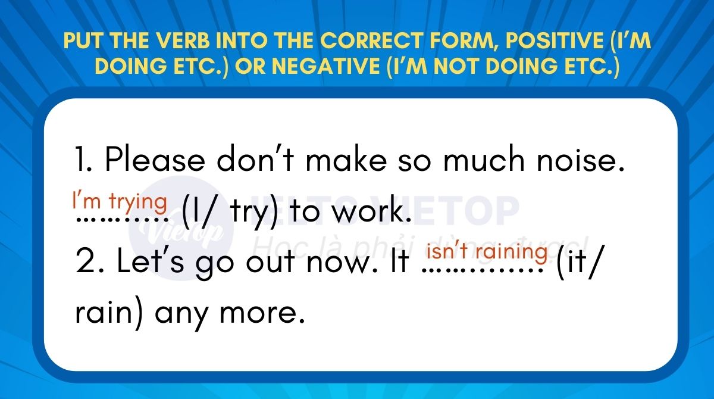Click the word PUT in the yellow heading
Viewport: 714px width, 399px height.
[83, 40]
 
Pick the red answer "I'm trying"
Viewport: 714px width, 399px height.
[120, 201]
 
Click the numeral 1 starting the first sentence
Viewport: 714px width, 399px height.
[82, 159]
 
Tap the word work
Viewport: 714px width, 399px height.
[371, 210]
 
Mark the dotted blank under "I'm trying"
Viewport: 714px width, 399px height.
[123, 220]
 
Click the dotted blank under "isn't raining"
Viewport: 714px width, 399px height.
[483, 271]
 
